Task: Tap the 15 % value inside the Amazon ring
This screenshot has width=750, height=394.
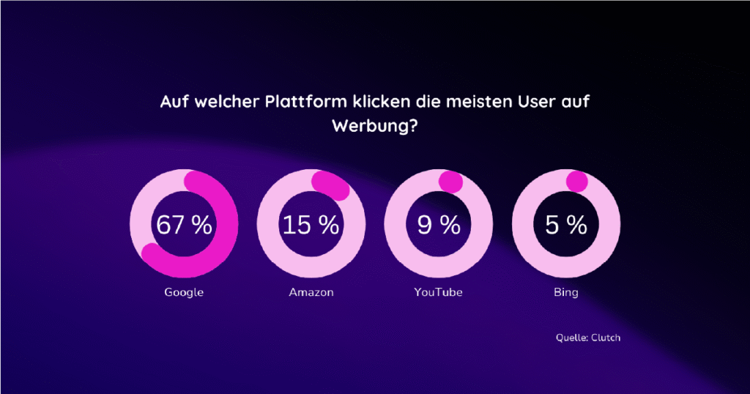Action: click(311, 225)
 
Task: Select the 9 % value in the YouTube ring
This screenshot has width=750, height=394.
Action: click(439, 225)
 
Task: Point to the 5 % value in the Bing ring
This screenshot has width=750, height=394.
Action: click(566, 225)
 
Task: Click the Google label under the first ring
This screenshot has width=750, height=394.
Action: click(184, 293)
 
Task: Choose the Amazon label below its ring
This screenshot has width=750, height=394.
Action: click(311, 293)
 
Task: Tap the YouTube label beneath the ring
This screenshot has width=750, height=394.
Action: click(439, 293)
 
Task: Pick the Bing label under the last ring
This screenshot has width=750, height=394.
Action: click(566, 293)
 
